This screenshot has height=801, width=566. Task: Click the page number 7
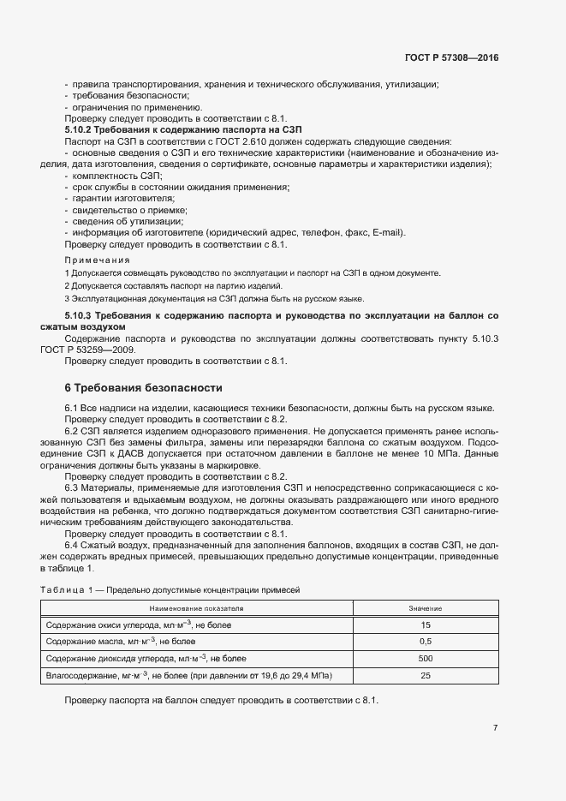tap(496, 728)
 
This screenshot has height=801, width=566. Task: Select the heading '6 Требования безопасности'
tap(137, 387)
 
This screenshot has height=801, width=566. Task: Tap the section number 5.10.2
tap(78, 129)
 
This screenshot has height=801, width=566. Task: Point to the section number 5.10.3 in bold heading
tap(78, 316)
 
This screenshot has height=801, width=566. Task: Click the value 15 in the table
tap(425, 625)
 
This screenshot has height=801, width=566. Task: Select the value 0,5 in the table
tap(425, 642)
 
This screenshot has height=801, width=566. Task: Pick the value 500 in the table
tap(425, 659)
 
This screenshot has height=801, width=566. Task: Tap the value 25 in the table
tap(425, 676)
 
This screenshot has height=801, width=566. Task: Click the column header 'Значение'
tap(425, 608)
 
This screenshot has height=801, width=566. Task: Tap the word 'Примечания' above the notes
tap(97, 260)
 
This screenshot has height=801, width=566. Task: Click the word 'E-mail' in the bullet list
tap(388, 233)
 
